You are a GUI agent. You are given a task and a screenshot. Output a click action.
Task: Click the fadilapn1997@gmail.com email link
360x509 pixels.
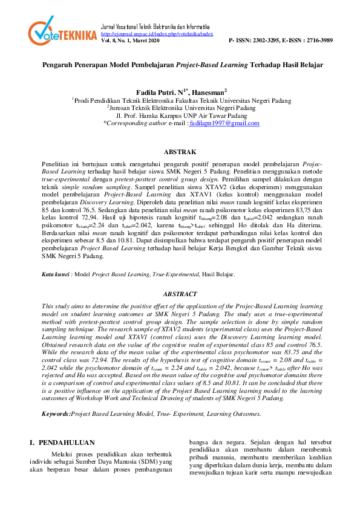pos(224,123)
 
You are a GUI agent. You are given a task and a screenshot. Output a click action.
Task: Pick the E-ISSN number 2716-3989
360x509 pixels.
pos(315,41)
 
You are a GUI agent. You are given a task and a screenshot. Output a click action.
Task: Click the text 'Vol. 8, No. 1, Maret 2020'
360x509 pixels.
pos(129,41)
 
